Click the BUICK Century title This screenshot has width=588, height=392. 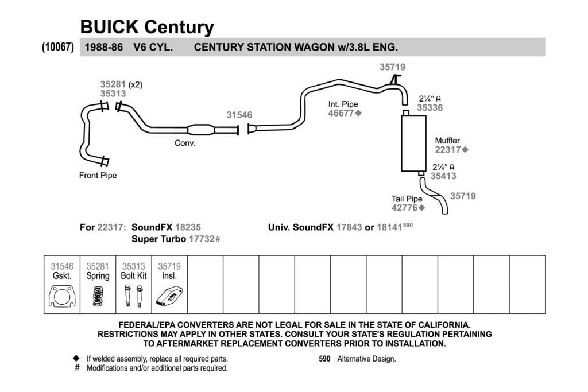[147, 27]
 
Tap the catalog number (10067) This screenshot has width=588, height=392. [58, 47]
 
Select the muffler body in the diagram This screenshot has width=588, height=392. [413, 143]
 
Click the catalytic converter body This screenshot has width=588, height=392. [201, 130]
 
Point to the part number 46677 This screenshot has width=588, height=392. [341, 113]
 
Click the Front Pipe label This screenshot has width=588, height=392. [98, 176]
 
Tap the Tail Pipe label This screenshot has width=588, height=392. [407, 199]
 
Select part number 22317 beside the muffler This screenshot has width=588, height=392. [448, 150]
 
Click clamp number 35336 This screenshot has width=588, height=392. [430, 107]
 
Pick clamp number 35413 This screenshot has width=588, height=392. [443, 176]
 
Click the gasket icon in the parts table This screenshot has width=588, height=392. [62, 296]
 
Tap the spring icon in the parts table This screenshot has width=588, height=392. [98, 296]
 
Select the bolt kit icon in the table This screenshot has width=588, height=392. [133, 296]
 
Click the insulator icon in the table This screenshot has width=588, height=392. [169, 296]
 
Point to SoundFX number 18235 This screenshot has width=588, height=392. [188, 227]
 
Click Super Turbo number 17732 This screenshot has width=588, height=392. [202, 239]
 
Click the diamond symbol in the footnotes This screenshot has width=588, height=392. [76, 358]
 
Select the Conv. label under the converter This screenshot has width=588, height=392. [185, 143]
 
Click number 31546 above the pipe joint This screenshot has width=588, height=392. [239, 115]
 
